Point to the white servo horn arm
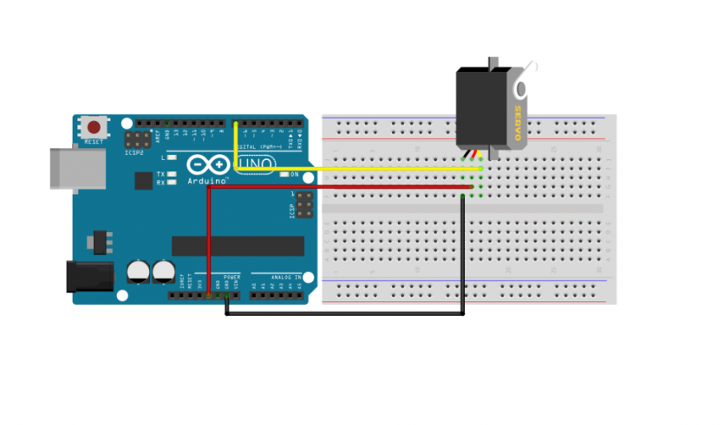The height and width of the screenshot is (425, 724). pyautogui.click(x=525, y=79)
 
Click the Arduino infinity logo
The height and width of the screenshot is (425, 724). pyautogui.click(x=198, y=164)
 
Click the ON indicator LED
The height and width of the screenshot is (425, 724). pyautogui.click(x=283, y=175)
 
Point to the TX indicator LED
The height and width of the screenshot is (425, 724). pyautogui.click(x=173, y=175)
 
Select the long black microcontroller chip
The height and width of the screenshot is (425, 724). pyautogui.click(x=238, y=246)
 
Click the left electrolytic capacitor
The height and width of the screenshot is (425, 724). pyautogui.click(x=138, y=272)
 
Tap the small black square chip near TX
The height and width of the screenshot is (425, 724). pyautogui.click(x=142, y=180)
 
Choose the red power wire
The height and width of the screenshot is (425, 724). pyautogui.click(x=347, y=186)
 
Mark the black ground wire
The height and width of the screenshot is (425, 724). pyautogui.click(x=347, y=313)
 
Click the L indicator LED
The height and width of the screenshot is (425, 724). pyautogui.click(x=173, y=158)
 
